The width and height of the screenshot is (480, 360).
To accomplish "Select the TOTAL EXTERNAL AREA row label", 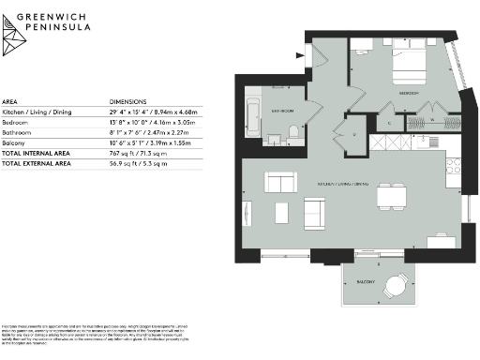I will [x=37, y=163].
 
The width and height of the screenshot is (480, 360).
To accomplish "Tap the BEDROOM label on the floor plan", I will [x=407, y=95].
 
